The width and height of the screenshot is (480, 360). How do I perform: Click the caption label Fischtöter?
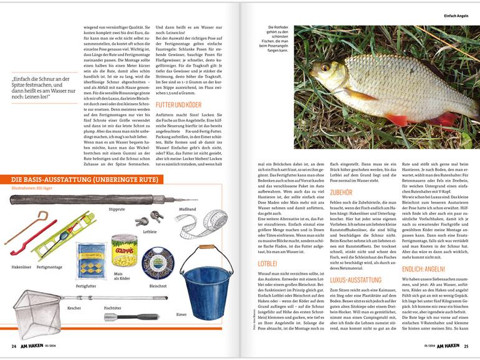point(112,308)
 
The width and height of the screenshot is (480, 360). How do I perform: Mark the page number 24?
point(12,347)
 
